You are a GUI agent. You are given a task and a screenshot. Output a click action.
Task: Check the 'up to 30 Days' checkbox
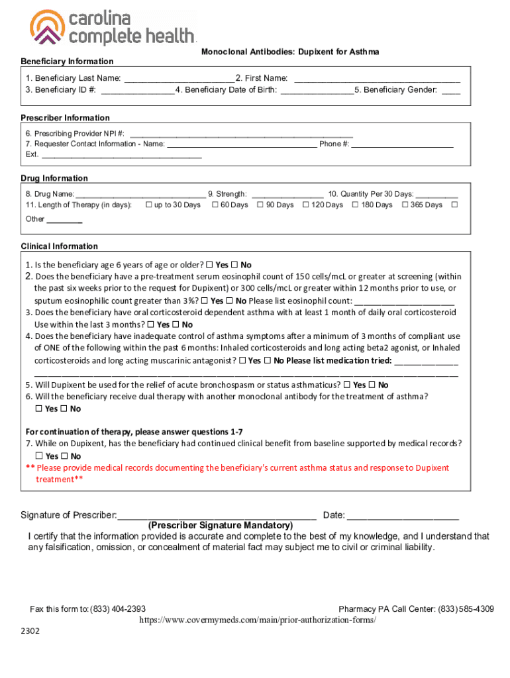pyautogui.click(x=148, y=205)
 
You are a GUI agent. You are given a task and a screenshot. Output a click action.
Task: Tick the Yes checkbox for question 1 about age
pyautogui.click(x=209, y=265)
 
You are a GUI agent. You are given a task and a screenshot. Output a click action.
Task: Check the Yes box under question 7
pyautogui.click(x=38, y=456)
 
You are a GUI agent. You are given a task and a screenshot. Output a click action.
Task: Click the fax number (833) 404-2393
pyautogui.click(x=118, y=609)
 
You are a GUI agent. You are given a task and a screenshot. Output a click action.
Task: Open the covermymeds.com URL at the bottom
pyautogui.click(x=258, y=620)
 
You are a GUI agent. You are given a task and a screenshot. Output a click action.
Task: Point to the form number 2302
pyautogui.click(x=30, y=632)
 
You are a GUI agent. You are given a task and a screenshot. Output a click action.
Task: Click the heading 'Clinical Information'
pyautogui.click(x=60, y=246)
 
